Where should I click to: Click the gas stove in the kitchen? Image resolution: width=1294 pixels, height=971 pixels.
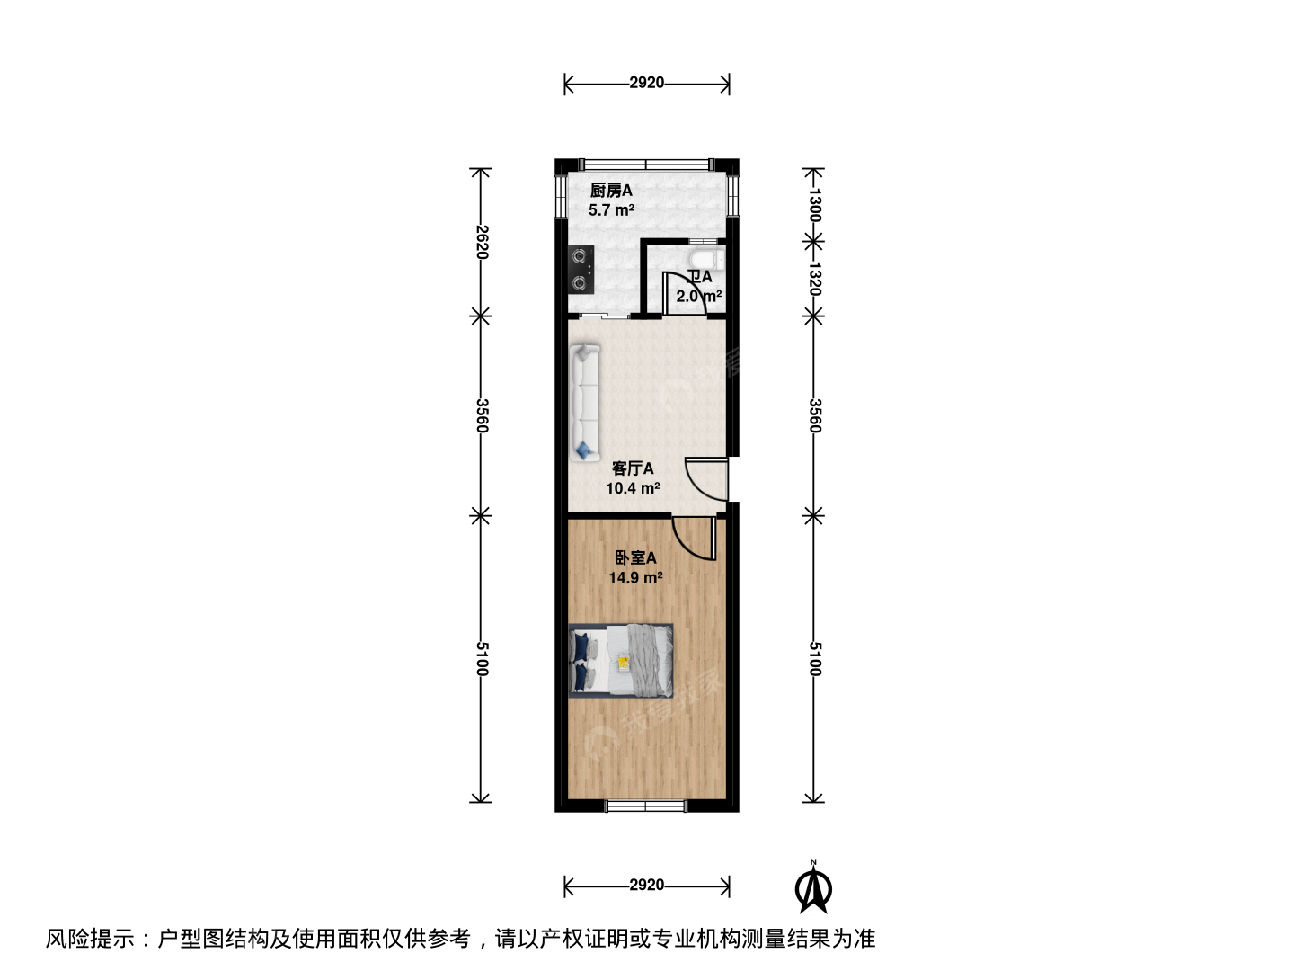pyautogui.click(x=581, y=270)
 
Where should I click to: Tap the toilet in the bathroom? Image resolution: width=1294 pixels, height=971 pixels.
pyautogui.click(x=706, y=258)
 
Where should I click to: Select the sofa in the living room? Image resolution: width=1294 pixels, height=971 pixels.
pyautogui.click(x=584, y=404)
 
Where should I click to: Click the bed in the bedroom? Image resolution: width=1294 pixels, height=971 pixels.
pyautogui.click(x=621, y=660)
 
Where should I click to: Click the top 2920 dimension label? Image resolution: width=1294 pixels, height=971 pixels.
pyautogui.click(x=646, y=83)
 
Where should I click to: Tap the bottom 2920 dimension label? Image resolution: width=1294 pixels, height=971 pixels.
pyautogui.click(x=646, y=885)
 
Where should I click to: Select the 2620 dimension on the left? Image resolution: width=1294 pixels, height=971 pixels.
pyautogui.click(x=482, y=242)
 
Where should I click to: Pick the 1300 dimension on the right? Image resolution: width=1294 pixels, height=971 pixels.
pyautogui.click(x=814, y=205)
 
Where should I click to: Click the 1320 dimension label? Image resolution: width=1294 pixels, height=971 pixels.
pyautogui.click(x=814, y=279)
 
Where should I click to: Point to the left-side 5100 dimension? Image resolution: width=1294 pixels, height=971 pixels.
pyautogui.click(x=482, y=658)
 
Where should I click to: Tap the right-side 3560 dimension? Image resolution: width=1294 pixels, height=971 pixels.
pyautogui.click(x=814, y=415)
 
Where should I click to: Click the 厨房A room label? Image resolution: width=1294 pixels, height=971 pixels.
pyautogui.click(x=611, y=191)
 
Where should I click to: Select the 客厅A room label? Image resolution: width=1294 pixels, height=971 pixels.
pyautogui.click(x=633, y=468)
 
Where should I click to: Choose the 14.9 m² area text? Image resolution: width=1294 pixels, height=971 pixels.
pyautogui.click(x=635, y=577)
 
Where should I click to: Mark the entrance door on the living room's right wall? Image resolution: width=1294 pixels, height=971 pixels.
pyautogui.click(x=707, y=478)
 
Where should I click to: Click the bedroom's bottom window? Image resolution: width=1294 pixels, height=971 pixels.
pyautogui.click(x=646, y=806)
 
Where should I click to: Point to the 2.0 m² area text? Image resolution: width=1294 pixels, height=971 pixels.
pyautogui.click(x=698, y=296)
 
